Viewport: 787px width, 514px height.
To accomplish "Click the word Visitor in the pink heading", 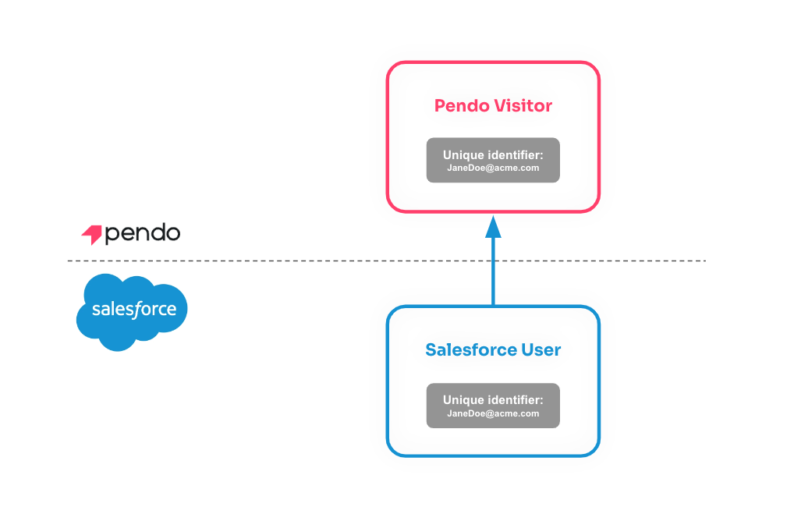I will coord(523,105).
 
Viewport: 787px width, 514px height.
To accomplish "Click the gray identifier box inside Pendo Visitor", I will coord(493,161).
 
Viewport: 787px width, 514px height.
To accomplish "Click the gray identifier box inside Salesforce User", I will coord(493,406).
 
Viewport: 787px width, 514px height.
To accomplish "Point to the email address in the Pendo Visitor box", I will coord(493,168).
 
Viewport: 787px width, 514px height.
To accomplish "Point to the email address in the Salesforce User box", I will coord(493,413).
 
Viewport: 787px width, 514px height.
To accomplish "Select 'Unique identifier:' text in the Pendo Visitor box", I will coord(493,154).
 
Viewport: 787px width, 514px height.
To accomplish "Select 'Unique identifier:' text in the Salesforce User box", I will coord(493,399).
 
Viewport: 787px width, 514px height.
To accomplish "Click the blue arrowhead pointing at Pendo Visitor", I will coord(493,227).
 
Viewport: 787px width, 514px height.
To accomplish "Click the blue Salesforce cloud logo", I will coord(131,311).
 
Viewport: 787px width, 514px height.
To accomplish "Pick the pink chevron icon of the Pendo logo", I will coord(91,233).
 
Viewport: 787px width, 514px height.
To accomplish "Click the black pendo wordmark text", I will coord(142,233).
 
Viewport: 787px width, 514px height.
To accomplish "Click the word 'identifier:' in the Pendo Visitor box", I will coord(515,154).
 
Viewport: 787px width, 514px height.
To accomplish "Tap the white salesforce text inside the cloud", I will coord(133,310).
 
